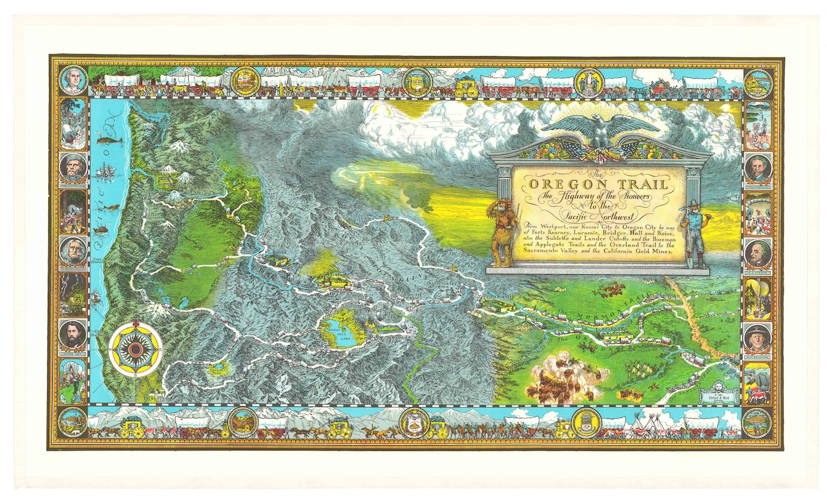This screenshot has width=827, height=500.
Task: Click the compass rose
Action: point(136,349)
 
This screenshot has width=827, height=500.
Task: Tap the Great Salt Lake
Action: point(340,333)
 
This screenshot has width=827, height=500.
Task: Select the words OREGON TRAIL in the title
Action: point(598,185)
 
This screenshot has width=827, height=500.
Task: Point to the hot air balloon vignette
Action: point(757,297)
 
